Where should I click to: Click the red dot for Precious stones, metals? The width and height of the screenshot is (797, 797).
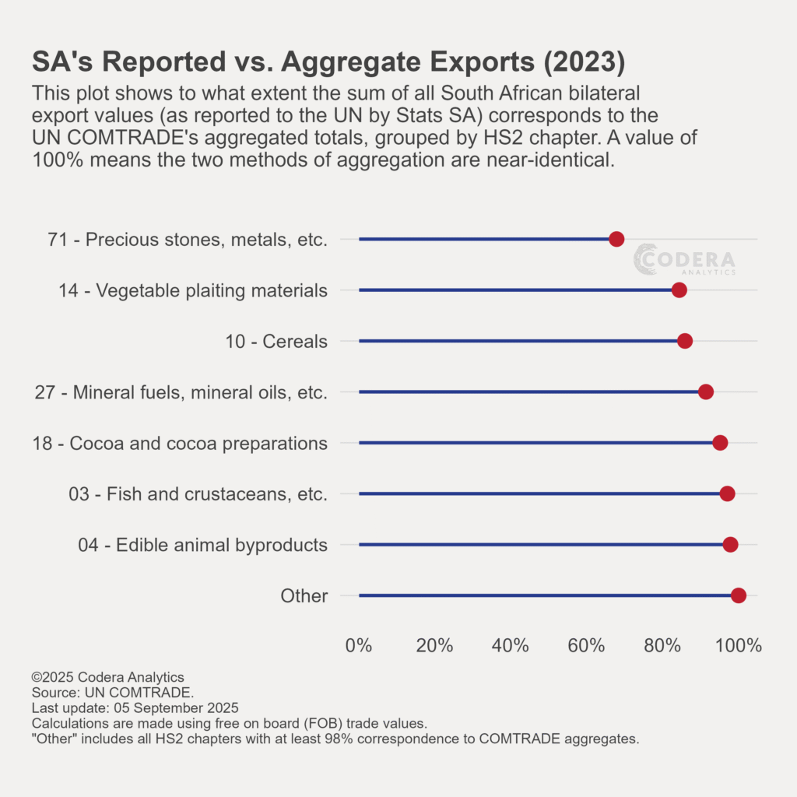tap(616, 239)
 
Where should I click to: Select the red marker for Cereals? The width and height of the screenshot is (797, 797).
tap(685, 341)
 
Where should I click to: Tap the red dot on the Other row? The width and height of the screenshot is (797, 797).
tap(739, 595)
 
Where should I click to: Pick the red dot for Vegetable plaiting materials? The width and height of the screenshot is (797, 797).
tap(679, 290)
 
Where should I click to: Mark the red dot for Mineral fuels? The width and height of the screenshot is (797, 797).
tap(706, 391)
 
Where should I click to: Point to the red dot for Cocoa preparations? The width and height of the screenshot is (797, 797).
tap(720, 443)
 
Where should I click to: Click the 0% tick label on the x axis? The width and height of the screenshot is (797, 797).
tap(358, 645)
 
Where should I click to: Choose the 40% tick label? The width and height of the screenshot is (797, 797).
tap(511, 645)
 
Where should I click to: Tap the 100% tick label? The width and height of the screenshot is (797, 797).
tap(738, 645)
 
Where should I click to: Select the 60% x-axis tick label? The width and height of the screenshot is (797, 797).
tap(587, 645)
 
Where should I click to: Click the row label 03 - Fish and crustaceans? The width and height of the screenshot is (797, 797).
tap(198, 493)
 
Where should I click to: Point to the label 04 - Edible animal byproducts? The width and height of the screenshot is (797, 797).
tap(202, 545)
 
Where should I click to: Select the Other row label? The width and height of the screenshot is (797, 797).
tap(304, 596)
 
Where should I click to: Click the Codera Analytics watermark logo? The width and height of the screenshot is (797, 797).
tap(685, 259)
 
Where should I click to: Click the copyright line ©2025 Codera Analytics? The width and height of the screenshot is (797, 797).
tap(107, 677)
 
